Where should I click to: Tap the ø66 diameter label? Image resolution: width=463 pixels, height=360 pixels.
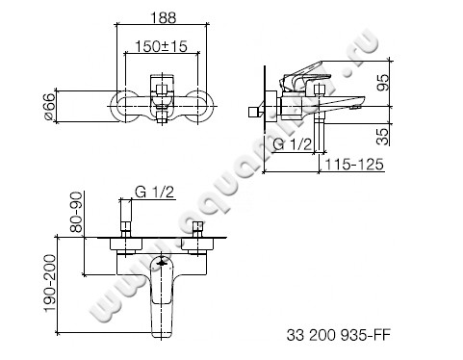63,103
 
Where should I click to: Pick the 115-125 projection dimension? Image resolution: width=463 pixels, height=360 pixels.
355,167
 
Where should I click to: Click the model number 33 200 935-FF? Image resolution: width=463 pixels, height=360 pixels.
340,336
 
